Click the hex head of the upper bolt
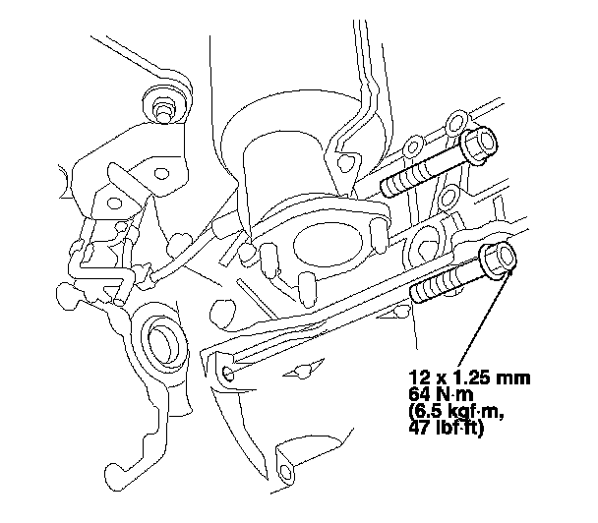coord(479,145)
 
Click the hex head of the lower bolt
coord(498,261)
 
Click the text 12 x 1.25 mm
coord(469,378)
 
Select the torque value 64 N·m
coord(441,394)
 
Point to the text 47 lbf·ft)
coord(447,428)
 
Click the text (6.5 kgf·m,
coord(456,411)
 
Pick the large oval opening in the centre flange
coord(328,243)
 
